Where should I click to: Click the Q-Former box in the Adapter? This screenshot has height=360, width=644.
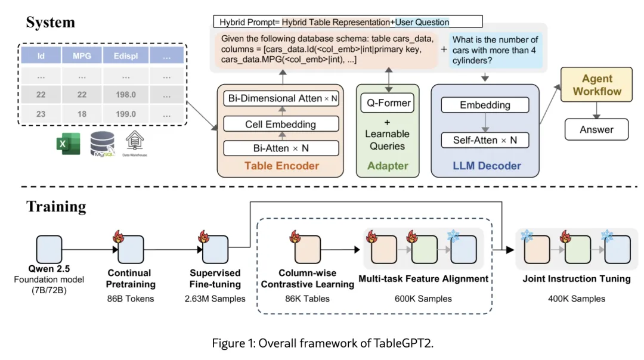[388, 103]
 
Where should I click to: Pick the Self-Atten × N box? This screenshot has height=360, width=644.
[485, 141]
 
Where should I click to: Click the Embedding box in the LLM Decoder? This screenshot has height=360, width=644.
[485, 105]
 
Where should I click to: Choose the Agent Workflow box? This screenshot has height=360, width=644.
[597, 84]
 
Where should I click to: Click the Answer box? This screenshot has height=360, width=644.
[597, 129]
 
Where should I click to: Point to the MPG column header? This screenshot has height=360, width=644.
[81, 56]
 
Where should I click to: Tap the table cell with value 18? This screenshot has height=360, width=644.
[81, 113]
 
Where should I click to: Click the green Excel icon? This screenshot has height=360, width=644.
[69, 145]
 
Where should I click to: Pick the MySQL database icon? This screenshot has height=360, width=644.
[103, 145]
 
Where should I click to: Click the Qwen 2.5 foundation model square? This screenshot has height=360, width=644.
[49, 249]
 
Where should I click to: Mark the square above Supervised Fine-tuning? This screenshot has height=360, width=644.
[216, 249]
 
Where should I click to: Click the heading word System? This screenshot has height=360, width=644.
[50, 23]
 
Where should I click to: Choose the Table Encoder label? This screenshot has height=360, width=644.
[283, 166]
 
